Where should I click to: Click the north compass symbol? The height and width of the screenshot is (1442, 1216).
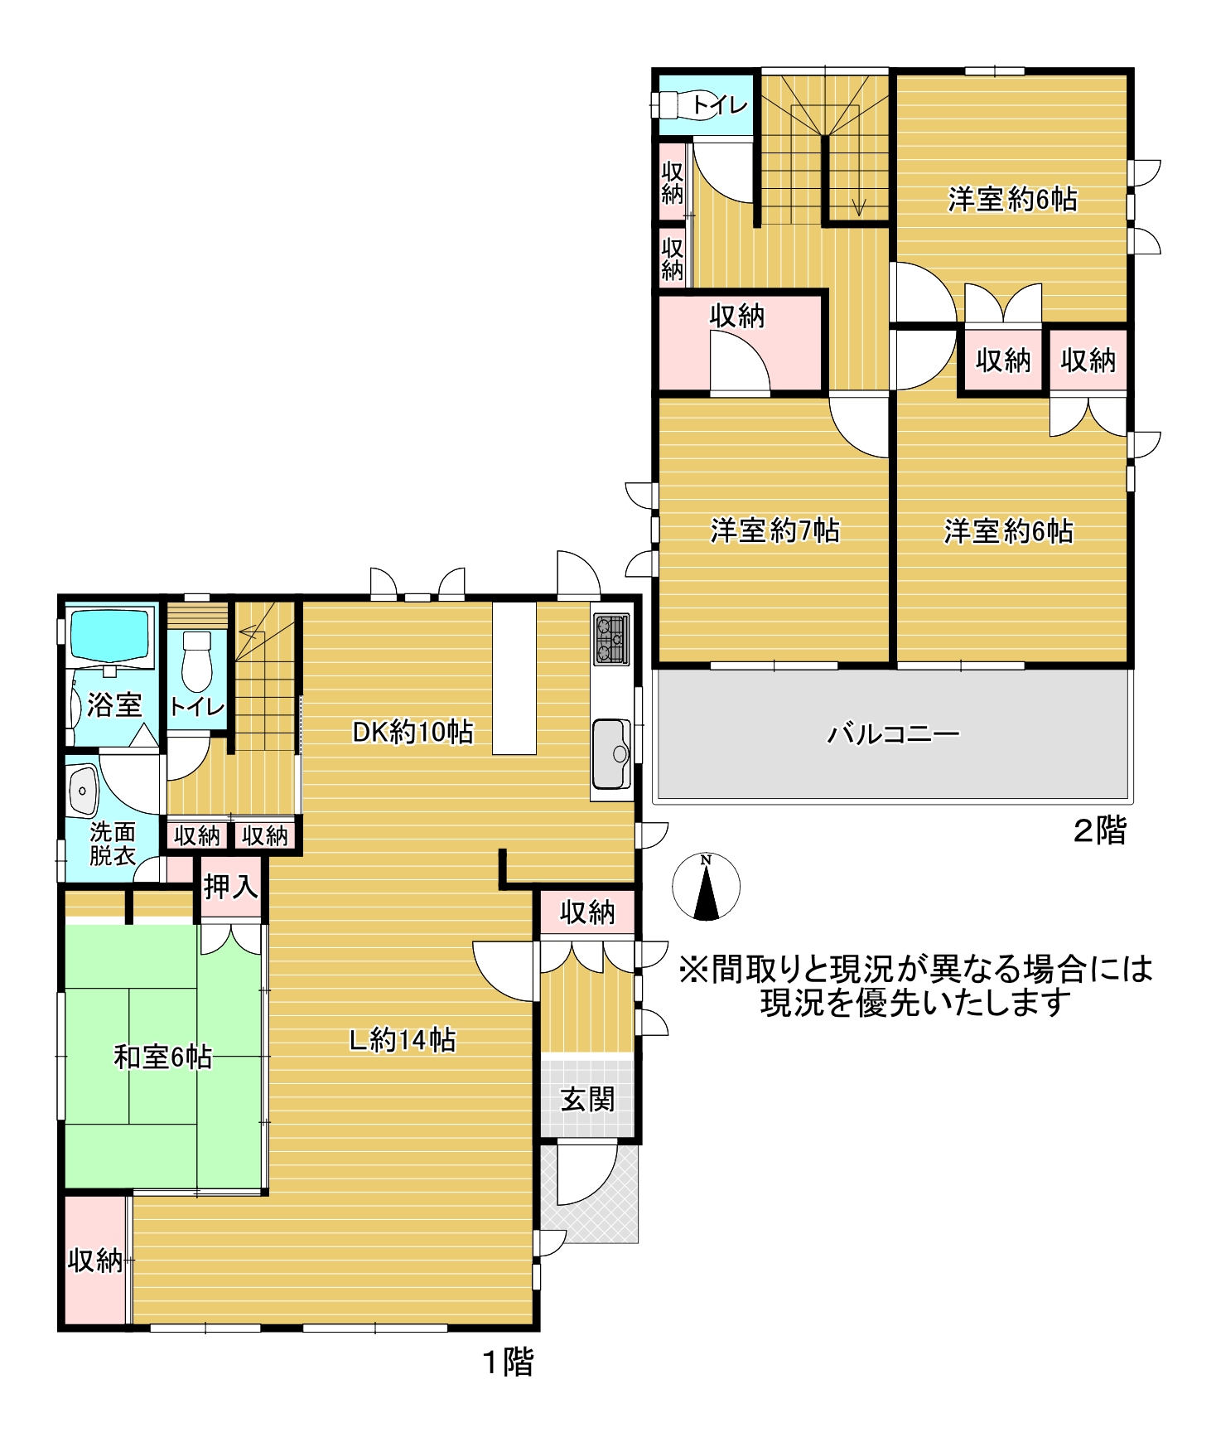[706, 887]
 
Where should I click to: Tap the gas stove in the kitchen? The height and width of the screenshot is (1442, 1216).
[611, 639]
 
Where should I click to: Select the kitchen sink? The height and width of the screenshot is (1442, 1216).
[612, 753]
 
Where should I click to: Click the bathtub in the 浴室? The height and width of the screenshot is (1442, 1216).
[110, 636]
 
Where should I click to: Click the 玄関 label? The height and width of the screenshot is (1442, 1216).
[587, 1100]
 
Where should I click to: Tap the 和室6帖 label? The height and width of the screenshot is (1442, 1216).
[163, 1057]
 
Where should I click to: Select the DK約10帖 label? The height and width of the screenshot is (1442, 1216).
[413, 732]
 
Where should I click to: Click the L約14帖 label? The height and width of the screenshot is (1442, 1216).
[403, 1039]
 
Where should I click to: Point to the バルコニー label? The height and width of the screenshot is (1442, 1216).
[894, 734]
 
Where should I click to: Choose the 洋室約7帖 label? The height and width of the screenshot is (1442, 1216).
[774, 530]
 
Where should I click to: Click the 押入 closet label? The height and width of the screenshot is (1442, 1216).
[231, 887]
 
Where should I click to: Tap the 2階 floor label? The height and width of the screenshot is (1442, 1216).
[1099, 830]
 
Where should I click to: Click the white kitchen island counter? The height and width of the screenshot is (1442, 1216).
[514, 678]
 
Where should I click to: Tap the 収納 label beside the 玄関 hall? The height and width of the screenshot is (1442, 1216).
[587, 912]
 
